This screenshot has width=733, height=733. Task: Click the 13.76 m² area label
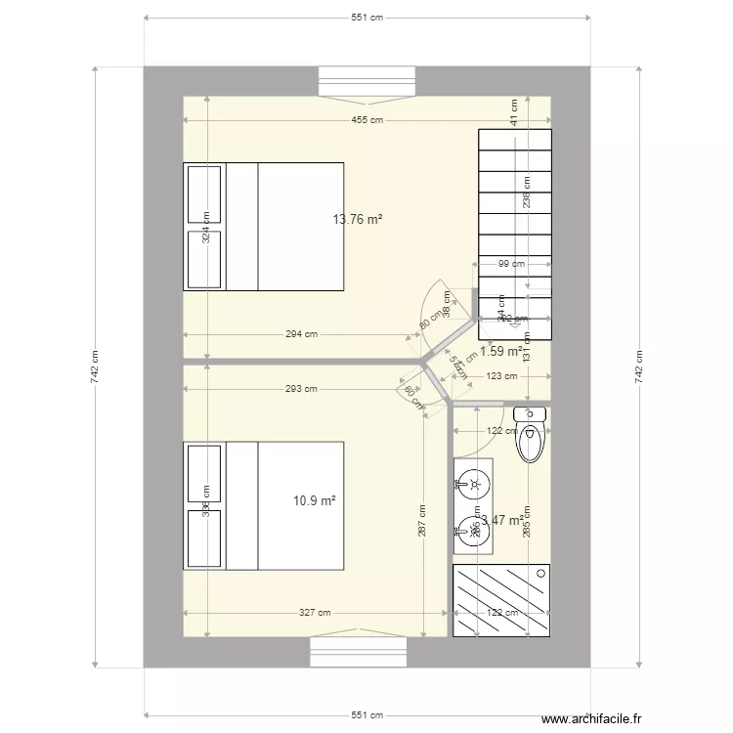(357, 220)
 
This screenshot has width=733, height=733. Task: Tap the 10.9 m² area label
(315, 500)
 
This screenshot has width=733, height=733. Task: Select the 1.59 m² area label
(500, 351)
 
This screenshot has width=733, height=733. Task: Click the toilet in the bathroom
(531, 435)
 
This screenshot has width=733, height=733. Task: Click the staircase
(514, 233)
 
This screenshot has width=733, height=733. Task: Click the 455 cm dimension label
(366, 120)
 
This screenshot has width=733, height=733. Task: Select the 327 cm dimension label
(315, 613)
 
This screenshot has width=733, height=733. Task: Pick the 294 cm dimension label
(301, 334)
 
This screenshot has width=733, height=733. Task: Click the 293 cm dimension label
(301, 389)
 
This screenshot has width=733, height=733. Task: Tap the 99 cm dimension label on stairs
(511, 263)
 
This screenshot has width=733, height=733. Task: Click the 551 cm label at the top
(366, 18)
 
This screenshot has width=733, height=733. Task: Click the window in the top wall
(366, 80)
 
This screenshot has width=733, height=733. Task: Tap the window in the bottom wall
(366, 652)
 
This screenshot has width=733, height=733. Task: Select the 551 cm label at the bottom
(366, 715)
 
